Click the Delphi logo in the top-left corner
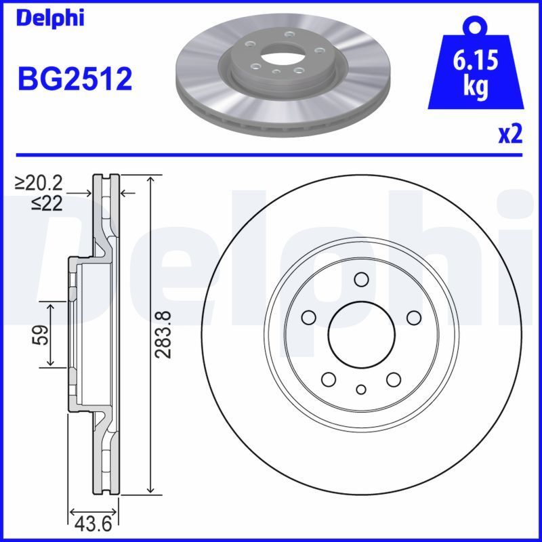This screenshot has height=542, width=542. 49,18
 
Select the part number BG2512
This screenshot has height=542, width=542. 75,79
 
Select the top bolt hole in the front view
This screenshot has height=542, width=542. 361,279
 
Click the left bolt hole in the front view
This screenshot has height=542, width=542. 309,317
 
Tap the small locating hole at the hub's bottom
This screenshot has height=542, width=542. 361,389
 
